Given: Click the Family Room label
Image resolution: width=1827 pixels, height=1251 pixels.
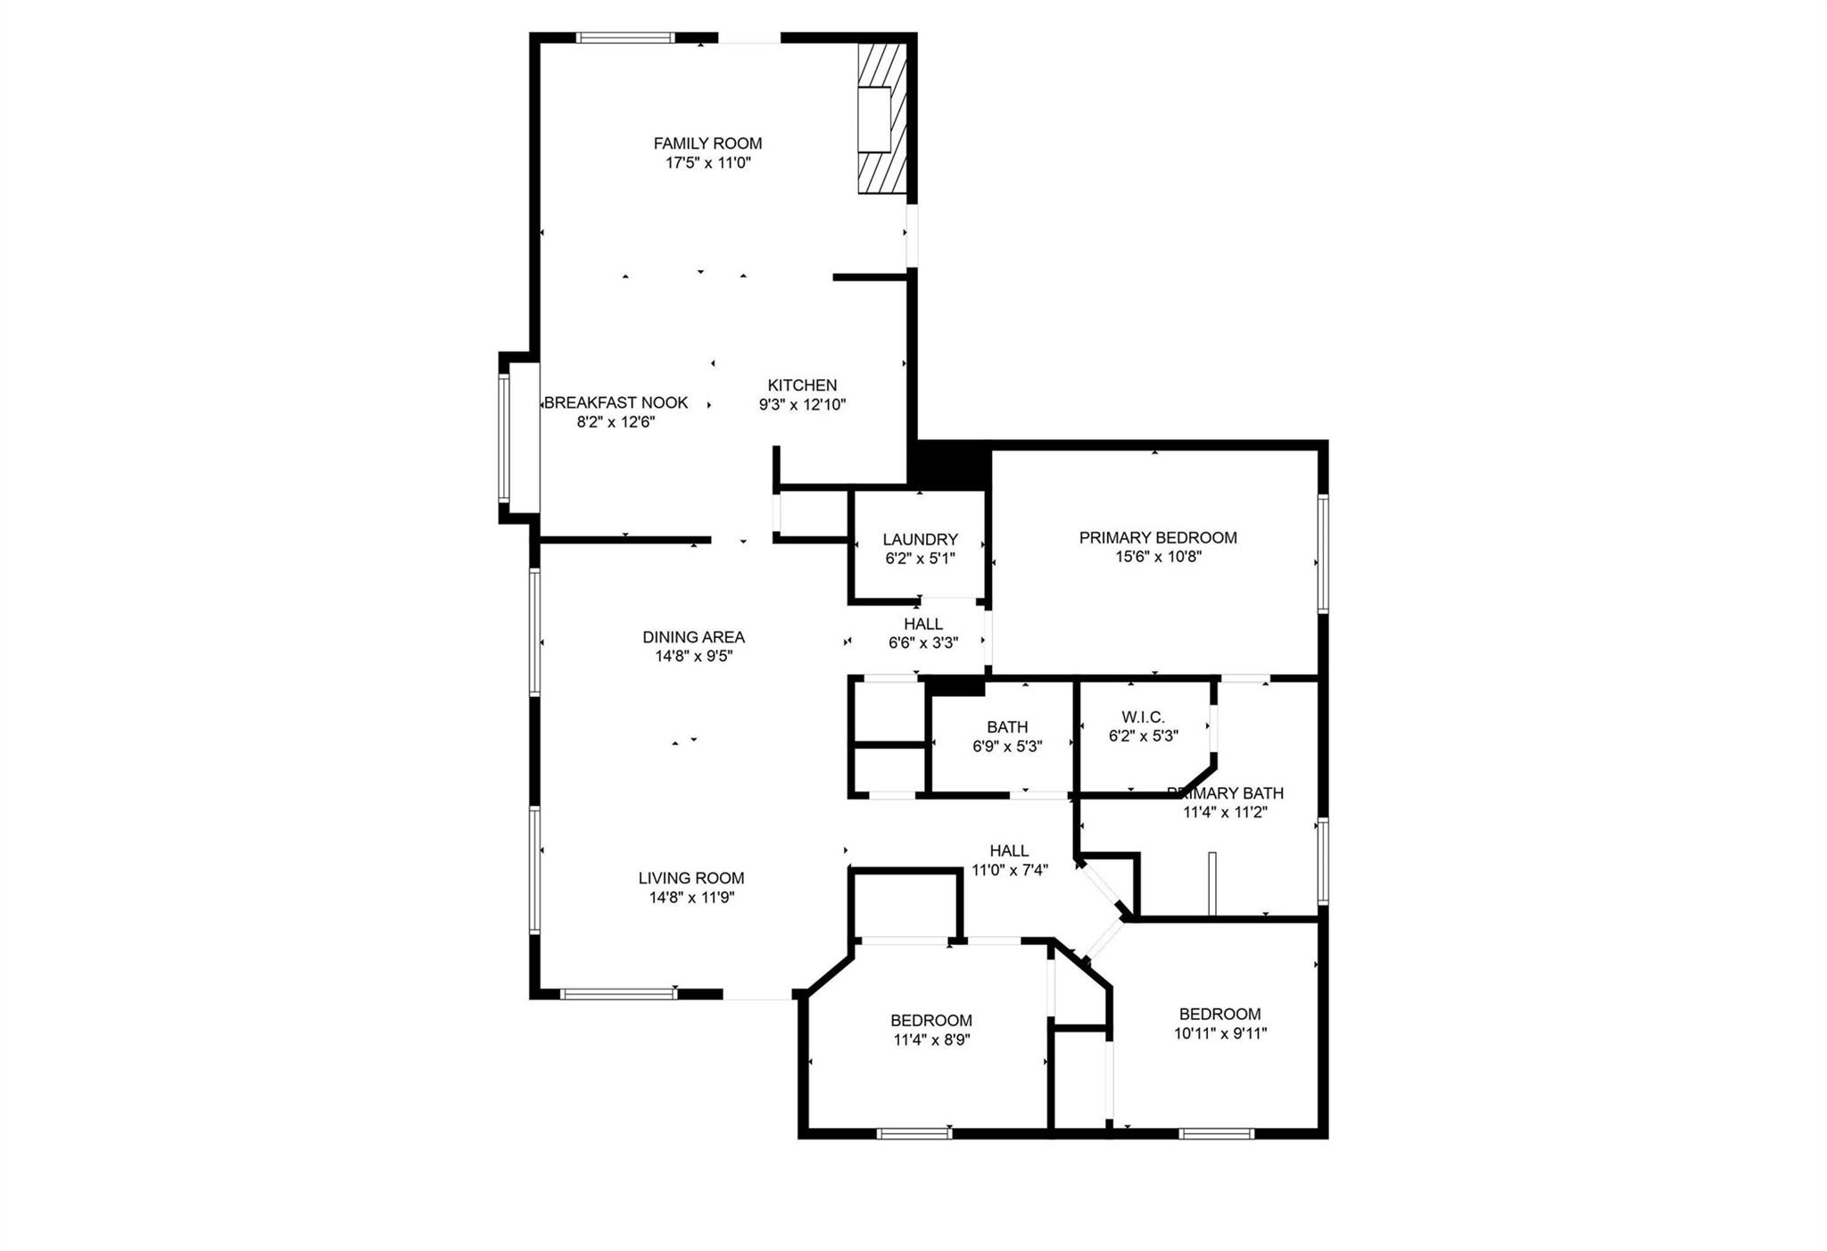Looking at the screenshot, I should tap(707, 143).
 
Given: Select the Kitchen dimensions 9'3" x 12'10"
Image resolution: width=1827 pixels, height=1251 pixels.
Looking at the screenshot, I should tap(802, 404).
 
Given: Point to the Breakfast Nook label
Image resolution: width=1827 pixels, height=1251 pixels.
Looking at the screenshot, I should tap(616, 402).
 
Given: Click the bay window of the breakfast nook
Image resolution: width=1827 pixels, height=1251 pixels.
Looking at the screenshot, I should tap(504, 437).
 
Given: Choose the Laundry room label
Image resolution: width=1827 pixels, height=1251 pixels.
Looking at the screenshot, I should tap(920, 539).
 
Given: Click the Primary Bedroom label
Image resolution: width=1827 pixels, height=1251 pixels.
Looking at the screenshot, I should tap(1158, 537).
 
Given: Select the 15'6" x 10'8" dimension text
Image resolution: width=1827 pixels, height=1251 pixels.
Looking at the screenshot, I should tap(1158, 557).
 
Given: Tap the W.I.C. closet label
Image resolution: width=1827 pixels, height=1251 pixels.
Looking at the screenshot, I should tap(1143, 717).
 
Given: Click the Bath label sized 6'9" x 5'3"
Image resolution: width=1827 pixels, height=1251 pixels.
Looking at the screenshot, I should tap(1007, 727).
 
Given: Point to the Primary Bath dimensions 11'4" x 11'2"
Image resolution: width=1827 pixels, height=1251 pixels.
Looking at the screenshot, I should tap(1225, 812).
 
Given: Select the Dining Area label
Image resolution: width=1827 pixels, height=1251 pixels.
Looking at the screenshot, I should tap(693, 637).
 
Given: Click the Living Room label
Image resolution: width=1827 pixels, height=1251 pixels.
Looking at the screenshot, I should tap(691, 878).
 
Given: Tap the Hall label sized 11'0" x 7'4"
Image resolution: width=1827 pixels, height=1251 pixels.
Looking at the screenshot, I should tap(1009, 850).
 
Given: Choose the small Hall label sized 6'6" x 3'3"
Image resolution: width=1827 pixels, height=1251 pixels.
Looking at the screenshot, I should tap(922, 624).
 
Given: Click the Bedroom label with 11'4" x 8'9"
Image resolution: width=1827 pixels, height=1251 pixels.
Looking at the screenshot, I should tap(931, 1020).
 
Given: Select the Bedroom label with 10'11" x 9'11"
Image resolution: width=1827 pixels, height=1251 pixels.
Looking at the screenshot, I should tap(1219, 1014).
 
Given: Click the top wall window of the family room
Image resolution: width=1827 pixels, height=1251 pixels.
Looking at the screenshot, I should tap(624, 37).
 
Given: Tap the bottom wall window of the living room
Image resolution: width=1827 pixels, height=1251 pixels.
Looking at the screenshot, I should tap(618, 993).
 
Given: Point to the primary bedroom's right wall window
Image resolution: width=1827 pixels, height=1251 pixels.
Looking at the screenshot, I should tap(1323, 553).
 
